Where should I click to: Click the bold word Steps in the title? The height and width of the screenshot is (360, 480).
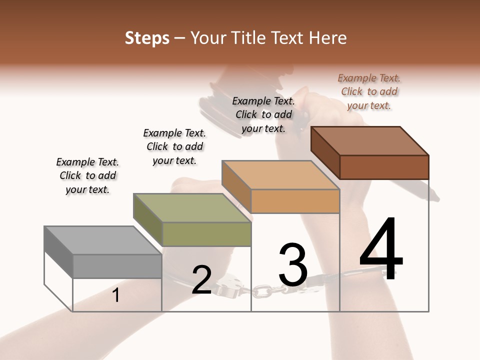click(x=147, y=38)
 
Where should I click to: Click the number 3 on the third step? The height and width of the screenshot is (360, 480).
click(x=293, y=265)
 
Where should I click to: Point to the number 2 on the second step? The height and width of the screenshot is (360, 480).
click(x=201, y=280)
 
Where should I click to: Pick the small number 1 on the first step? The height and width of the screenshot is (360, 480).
click(x=116, y=295)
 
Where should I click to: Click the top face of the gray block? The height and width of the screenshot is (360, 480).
click(x=103, y=240)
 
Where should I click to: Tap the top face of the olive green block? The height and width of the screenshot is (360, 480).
click(x=192, y=208)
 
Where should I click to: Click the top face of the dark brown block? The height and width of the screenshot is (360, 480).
click(x=370, y=141)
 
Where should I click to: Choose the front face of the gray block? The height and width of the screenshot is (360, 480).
click(x=117, y=266)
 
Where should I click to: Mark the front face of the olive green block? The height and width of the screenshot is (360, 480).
click(x=206, y=234)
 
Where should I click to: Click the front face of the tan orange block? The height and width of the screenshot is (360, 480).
click(x=295, y=201)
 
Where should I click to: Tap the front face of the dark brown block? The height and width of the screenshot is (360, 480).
click(x=384, y=167)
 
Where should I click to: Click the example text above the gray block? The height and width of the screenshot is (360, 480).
click(x=87, y=175)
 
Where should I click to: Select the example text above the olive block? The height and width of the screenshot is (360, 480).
click(x=174, y=146)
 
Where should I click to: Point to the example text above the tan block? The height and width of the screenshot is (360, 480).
click(x=263, y=114)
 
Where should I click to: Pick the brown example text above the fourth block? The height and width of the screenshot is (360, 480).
click(x=369, y=91)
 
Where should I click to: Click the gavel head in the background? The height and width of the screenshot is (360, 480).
click(x=215, y=100)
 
